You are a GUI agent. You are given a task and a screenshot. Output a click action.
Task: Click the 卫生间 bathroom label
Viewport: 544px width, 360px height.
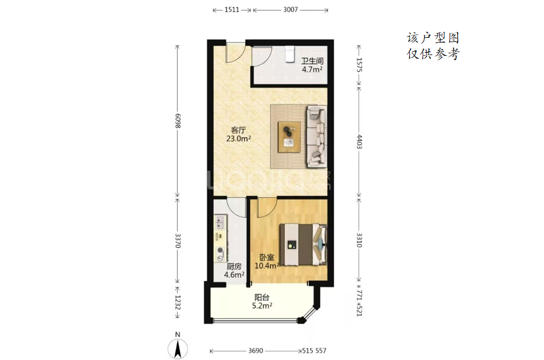[x=312, y=61]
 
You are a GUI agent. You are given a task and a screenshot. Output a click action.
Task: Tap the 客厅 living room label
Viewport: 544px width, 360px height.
[x=238, y=130]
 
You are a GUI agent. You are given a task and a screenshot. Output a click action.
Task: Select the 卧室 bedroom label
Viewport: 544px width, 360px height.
[x=267, y=258]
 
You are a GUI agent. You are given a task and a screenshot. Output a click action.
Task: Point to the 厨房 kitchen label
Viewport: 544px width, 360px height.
[x=234, y=267]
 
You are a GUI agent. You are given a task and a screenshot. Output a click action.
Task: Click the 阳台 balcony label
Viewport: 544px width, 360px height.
[x=262, y=298]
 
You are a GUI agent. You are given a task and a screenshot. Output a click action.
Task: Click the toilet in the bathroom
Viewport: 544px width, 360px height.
[x=290, y=55]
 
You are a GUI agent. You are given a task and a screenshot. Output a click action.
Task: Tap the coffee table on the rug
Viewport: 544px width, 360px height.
[x=289, y=137]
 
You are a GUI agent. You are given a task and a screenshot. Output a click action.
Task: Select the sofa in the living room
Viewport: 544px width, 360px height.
[x=317, y=137]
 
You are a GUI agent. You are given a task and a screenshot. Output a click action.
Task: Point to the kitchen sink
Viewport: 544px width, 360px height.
[x=220, y=222]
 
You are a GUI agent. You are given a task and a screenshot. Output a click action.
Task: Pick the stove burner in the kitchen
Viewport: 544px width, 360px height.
[x=220, y=250]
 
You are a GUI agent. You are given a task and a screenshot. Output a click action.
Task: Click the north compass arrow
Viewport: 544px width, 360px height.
[x=178, y=349]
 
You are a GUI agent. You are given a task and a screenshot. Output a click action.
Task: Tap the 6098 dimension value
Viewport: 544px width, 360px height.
[x=178, y=121]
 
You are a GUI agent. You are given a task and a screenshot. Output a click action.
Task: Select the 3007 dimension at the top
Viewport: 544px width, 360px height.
[x=290, y=10]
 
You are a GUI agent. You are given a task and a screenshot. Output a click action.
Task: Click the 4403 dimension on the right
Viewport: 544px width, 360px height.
[x=359, y=141]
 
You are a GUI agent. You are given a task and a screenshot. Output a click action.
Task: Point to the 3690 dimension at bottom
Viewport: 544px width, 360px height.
[x=256, y=350]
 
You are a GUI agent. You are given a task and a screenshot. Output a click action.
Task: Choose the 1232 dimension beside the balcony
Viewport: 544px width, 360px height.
[x=178, y=302]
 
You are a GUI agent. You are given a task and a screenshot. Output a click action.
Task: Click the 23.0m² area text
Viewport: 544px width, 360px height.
[x=238, y=139]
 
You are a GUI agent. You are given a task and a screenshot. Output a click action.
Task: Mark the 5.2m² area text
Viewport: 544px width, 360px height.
[x=262, y=306]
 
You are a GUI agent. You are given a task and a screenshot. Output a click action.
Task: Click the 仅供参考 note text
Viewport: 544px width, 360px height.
[x=433, y=54]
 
